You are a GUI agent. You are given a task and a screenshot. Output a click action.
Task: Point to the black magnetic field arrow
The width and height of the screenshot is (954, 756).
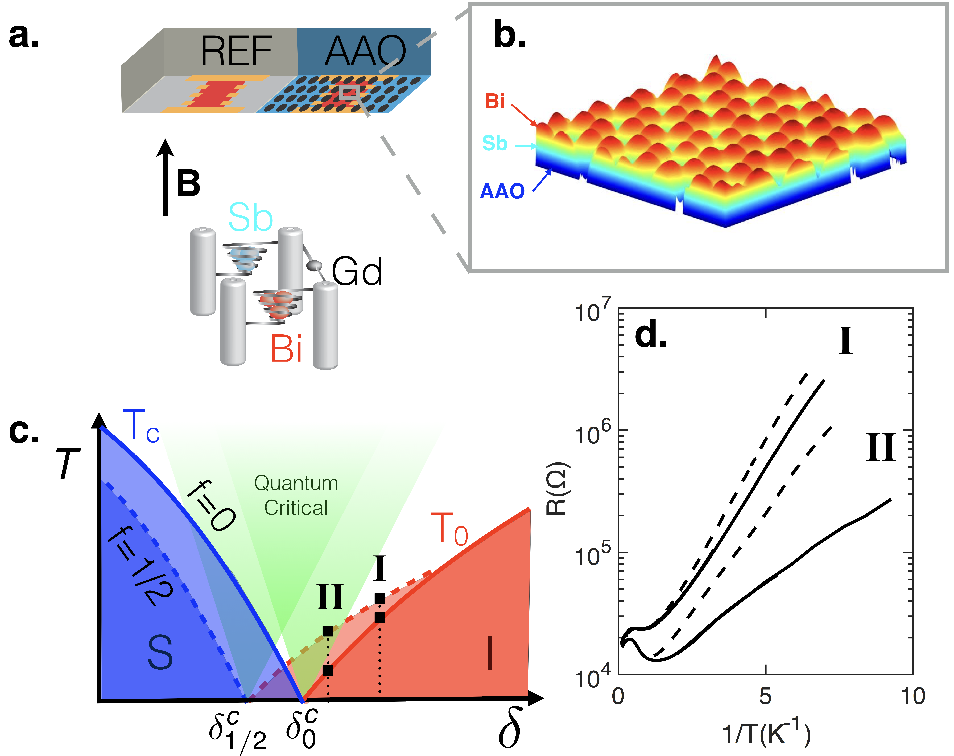[x=165, y=177]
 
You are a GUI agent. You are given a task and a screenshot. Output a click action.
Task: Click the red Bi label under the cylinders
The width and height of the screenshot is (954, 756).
[x=287, y=349]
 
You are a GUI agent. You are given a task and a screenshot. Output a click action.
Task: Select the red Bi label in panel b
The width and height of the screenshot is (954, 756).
[x=495, y=101]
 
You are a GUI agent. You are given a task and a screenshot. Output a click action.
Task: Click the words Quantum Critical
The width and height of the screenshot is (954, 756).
[x=296, y=495]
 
